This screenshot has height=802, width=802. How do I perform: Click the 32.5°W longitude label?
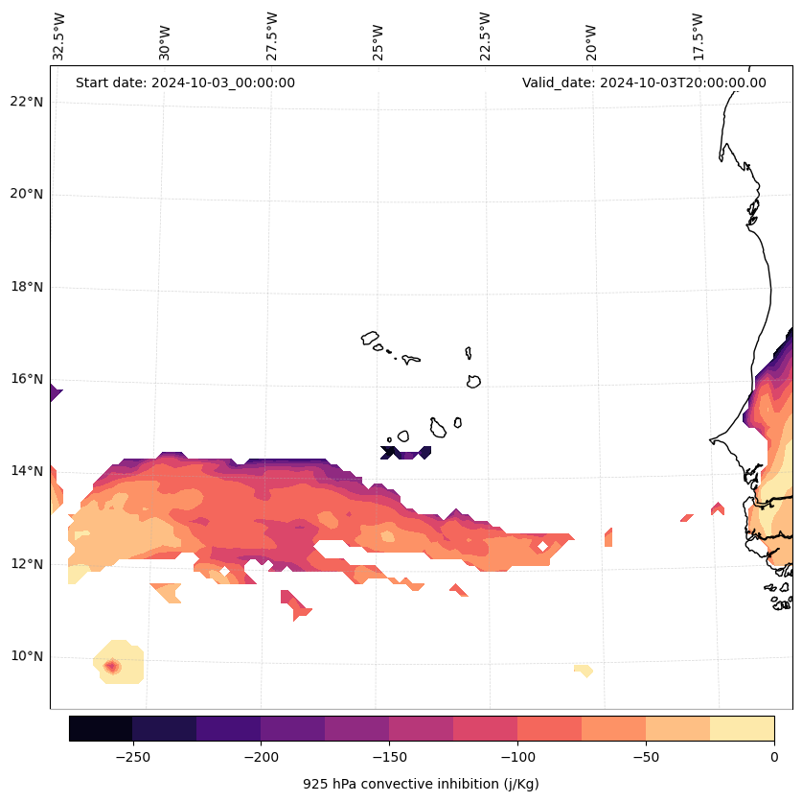[59, 36]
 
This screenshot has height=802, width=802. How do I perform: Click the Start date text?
[185, 83]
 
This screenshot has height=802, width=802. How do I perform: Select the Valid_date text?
[644, 83]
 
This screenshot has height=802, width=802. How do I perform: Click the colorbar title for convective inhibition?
[421, 784]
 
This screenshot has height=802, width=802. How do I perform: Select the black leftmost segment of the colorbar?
[101, 728]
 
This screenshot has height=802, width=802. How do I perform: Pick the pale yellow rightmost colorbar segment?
[742, 728]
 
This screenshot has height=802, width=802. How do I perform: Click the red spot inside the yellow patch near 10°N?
[112, 666]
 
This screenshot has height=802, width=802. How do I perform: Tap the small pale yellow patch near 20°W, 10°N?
[584, 671]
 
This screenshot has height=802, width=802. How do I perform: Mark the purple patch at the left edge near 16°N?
[55, 392]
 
